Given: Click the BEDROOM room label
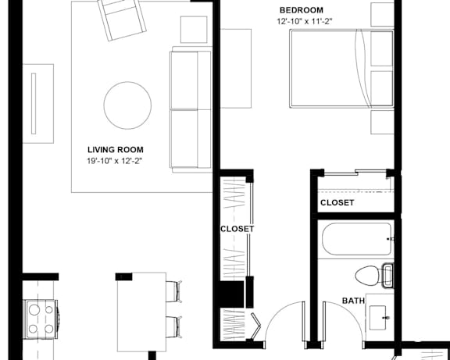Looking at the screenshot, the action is click(x=302, y=10).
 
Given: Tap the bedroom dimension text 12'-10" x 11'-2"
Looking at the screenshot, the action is click(x=305, y=21).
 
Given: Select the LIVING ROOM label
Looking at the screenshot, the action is click(x=116, y=150).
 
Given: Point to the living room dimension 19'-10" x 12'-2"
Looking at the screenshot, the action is click(x=115, y=161).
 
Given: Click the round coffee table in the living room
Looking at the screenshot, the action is click(x=127, y=105).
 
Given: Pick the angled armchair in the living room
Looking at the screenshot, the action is click(x=122, y=19).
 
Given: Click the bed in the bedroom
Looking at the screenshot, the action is click(x=341, y=69).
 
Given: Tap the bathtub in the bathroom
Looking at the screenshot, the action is click(x=356, y=239).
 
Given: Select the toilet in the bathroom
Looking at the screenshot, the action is click(x=374, y=276).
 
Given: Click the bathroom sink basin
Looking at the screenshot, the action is click(x=377, y=318).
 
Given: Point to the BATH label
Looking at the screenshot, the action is click(x=353, y=301).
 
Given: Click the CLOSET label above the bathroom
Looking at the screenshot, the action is click(x=337, y=203).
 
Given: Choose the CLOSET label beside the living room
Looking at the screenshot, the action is click(x=237, y=229).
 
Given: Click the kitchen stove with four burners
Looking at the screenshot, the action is click(x=41, y=319).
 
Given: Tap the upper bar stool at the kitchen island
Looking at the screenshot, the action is click(x=174, y=291).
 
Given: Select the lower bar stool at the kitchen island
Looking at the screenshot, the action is click(x=174, y=327).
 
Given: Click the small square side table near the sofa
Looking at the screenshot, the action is click(x=194, y=30).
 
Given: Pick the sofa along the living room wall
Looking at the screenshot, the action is click(x=191, y=109).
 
